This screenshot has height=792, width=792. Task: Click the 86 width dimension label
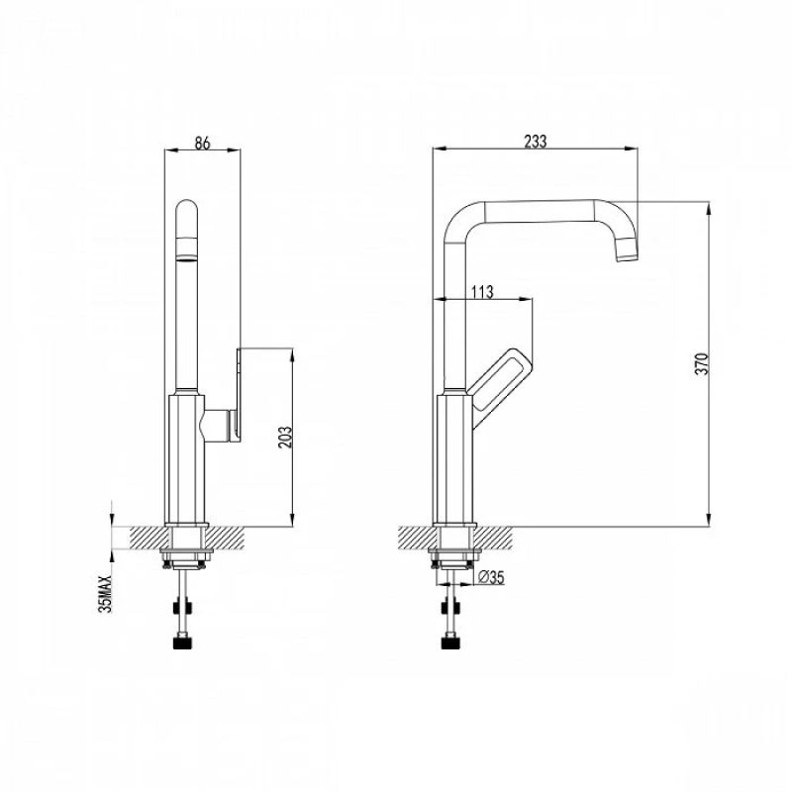point(202,143)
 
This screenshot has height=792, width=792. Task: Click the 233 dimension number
point(535,142)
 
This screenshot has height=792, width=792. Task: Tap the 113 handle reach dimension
point(482,292)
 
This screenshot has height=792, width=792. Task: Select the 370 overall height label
point(702,363)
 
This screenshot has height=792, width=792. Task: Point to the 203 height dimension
point(285,438)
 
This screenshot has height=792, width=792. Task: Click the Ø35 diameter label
point(490,577)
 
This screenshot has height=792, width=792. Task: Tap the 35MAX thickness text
point(105,593)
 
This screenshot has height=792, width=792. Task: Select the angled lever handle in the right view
point(499,386)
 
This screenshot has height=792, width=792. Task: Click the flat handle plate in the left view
point(239,395)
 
